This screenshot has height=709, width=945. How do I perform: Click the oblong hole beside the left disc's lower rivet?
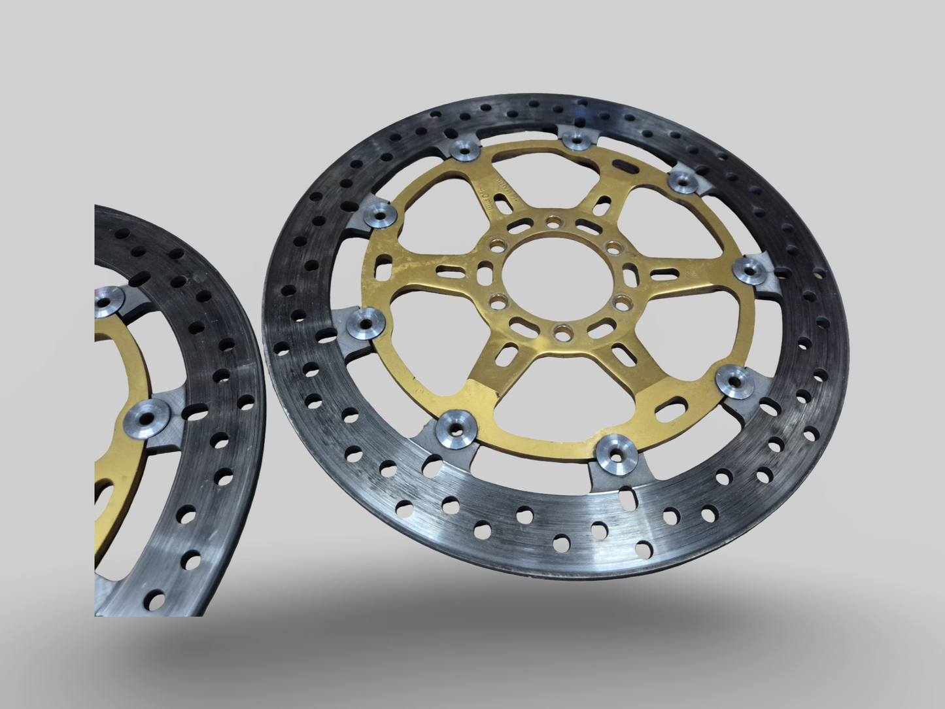coord(194,414)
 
